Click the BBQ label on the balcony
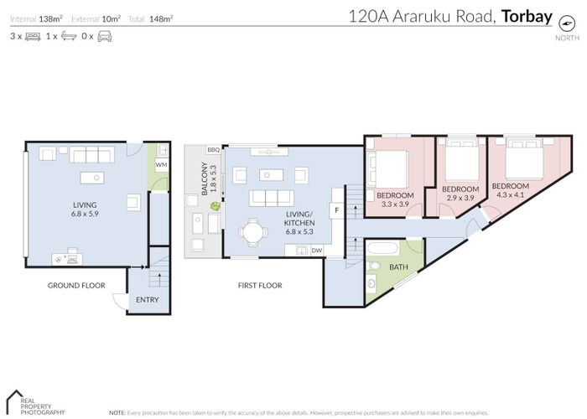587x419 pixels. coord(213,150)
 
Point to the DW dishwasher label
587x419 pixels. coord(316,250)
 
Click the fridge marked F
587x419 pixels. coord(336,208)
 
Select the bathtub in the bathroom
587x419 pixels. coord(386,250)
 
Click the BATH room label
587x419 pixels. coord(400,266)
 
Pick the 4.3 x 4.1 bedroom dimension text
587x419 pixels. coord(511,195)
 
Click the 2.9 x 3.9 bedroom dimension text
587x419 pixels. coord(460,199)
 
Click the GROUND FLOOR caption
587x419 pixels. coord(75,286)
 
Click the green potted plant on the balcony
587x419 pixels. coord(216,206)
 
